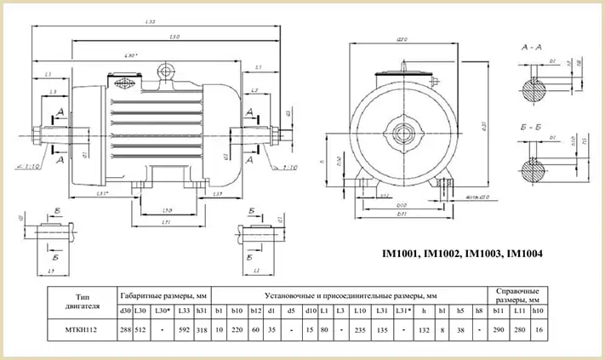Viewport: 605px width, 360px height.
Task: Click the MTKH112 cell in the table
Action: click(83, 329)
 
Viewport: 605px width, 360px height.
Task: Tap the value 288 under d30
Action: click(125, 329)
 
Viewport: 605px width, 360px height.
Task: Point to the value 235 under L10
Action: click(359, 329)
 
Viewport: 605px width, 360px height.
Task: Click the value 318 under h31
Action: click(203, 329)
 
